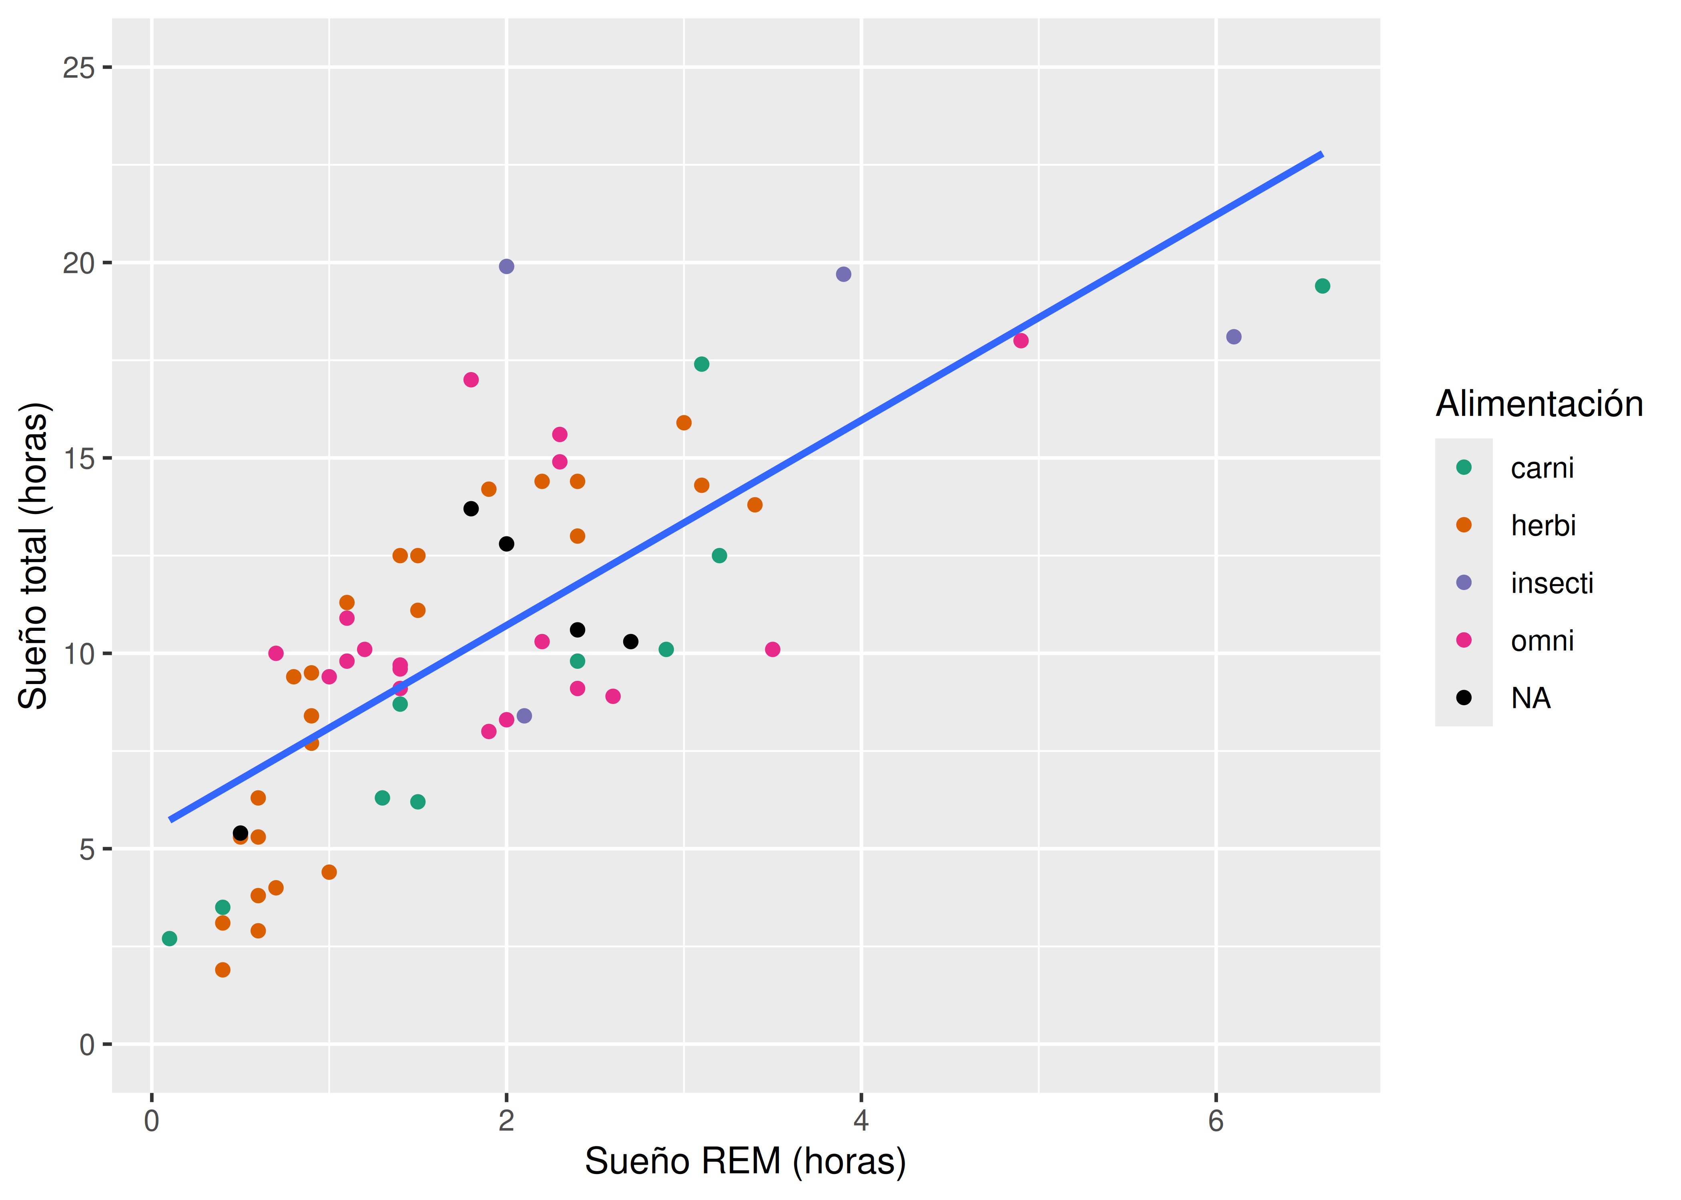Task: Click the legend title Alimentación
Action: [1539, 404]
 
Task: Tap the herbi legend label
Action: [1543, 525]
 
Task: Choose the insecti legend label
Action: [1552, 583]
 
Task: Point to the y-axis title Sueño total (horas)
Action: [33, 556]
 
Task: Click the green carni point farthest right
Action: [1322, 286]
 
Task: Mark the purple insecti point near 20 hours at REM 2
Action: [506, 266]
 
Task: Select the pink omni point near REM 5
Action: [1021, 341]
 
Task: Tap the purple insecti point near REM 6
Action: [1234, 337]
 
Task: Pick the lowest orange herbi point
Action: [223, 970]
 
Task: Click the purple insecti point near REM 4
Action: [843, 274]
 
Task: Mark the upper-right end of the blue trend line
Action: [1322, 154]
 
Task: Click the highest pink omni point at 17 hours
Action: [471, 380]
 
